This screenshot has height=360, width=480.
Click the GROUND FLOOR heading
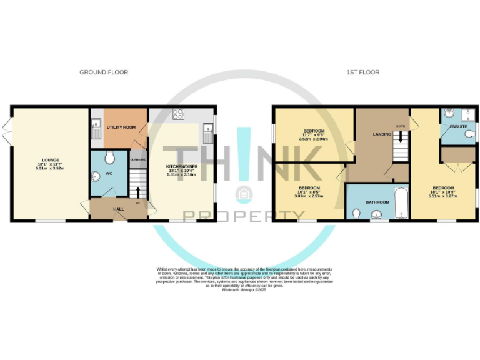[x=104, y=72]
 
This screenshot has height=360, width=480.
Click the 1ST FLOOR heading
[x=363, y=72]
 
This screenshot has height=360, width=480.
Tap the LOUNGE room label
[x=50, y=159]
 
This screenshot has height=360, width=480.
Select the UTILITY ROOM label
[x=121, y=127]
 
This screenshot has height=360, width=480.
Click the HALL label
[x=118, y=209]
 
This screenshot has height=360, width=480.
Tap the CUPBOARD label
[x=138, y=159]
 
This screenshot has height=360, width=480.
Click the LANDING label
[x=382, y=134]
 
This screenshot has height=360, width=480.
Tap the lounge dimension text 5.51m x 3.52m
[x=50, y=169]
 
